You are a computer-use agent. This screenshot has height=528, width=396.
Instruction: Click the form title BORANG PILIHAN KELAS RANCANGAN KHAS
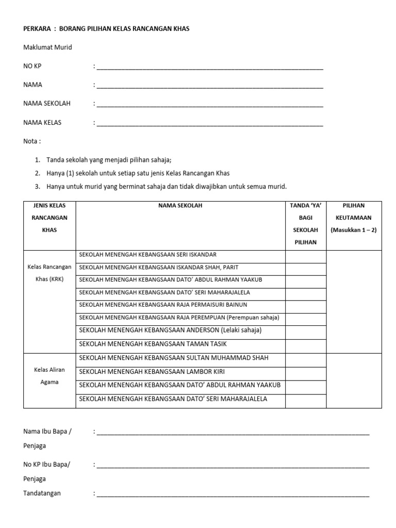(x=124, y=29)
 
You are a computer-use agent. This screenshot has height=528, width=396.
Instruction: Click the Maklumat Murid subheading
(x=47, y=47)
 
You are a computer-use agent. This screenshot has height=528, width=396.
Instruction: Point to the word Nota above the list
(x=32, y=141)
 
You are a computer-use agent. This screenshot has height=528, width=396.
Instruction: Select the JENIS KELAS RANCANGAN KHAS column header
(x=49, y=218)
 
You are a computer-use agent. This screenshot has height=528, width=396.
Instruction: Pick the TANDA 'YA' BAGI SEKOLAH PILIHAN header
(x=306, y=224)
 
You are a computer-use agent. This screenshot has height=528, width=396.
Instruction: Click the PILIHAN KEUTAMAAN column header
(x=354, y=218)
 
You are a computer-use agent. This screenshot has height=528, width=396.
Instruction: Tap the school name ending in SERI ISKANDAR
(x=147, y=255)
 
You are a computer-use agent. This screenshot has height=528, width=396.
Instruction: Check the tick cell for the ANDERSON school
(x=306, y=331)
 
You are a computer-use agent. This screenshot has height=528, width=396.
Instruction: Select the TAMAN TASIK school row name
(x=153, y=344)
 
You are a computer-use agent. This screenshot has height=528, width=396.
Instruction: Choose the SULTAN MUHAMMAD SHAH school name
(x=173, y=358)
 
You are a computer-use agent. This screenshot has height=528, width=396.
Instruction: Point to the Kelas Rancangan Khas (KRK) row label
(x=49, y=273)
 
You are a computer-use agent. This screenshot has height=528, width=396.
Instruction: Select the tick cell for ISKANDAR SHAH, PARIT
(x=306, y=268)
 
